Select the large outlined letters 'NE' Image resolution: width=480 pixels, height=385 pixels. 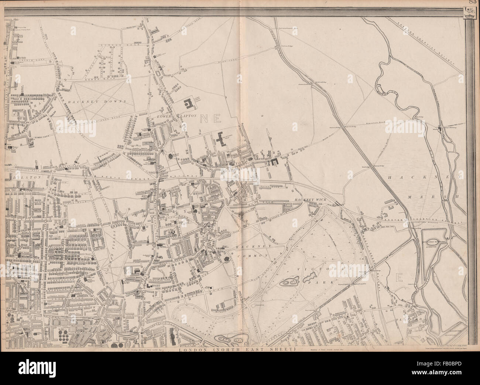pos(210,119)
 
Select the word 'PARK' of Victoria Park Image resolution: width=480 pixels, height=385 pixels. pos(323,282)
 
